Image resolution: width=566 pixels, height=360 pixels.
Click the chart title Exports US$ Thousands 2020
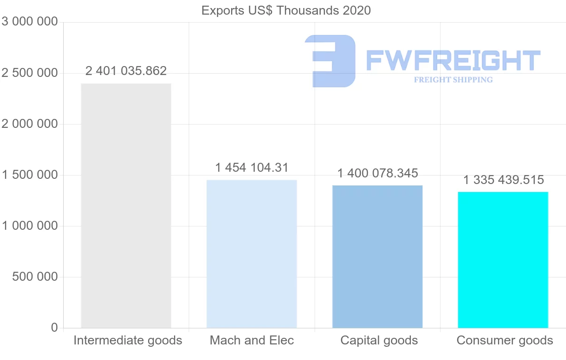[x=286, y=10]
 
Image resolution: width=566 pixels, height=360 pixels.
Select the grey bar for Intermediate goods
[x=126, y=205]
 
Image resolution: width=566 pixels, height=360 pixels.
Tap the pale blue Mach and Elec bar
[x=252, y=254]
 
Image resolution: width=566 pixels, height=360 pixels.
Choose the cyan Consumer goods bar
[x=503, y=260]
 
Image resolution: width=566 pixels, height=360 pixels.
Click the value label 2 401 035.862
[x=126, y=71]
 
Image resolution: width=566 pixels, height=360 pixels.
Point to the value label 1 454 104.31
[x=252, y=167]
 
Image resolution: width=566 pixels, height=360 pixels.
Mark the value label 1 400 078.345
[x=377, y=173]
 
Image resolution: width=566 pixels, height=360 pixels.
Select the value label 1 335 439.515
[x=503, y=180]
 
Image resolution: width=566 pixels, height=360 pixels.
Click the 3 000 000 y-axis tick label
[x=30, y=22]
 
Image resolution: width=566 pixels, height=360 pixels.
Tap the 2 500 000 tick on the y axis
[x=30, y=73]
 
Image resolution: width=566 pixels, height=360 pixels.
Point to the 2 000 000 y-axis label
[x=30, y=124]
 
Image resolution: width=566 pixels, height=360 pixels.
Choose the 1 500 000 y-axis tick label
[x=30, y=175]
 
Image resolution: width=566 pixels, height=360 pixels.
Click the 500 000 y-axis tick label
[x=34, y=277]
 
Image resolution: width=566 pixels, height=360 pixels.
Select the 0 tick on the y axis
[x=55, y=328]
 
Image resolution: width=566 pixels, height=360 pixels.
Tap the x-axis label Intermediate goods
[x=127, y=340]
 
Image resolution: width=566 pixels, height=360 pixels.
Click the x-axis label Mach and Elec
[x=252, y=340]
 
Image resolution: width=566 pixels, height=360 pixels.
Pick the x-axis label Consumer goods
[x=505, y=340]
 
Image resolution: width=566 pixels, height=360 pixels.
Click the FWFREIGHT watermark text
[x=453, y=60]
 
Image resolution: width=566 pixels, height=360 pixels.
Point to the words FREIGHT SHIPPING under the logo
[x=453, y=80]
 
